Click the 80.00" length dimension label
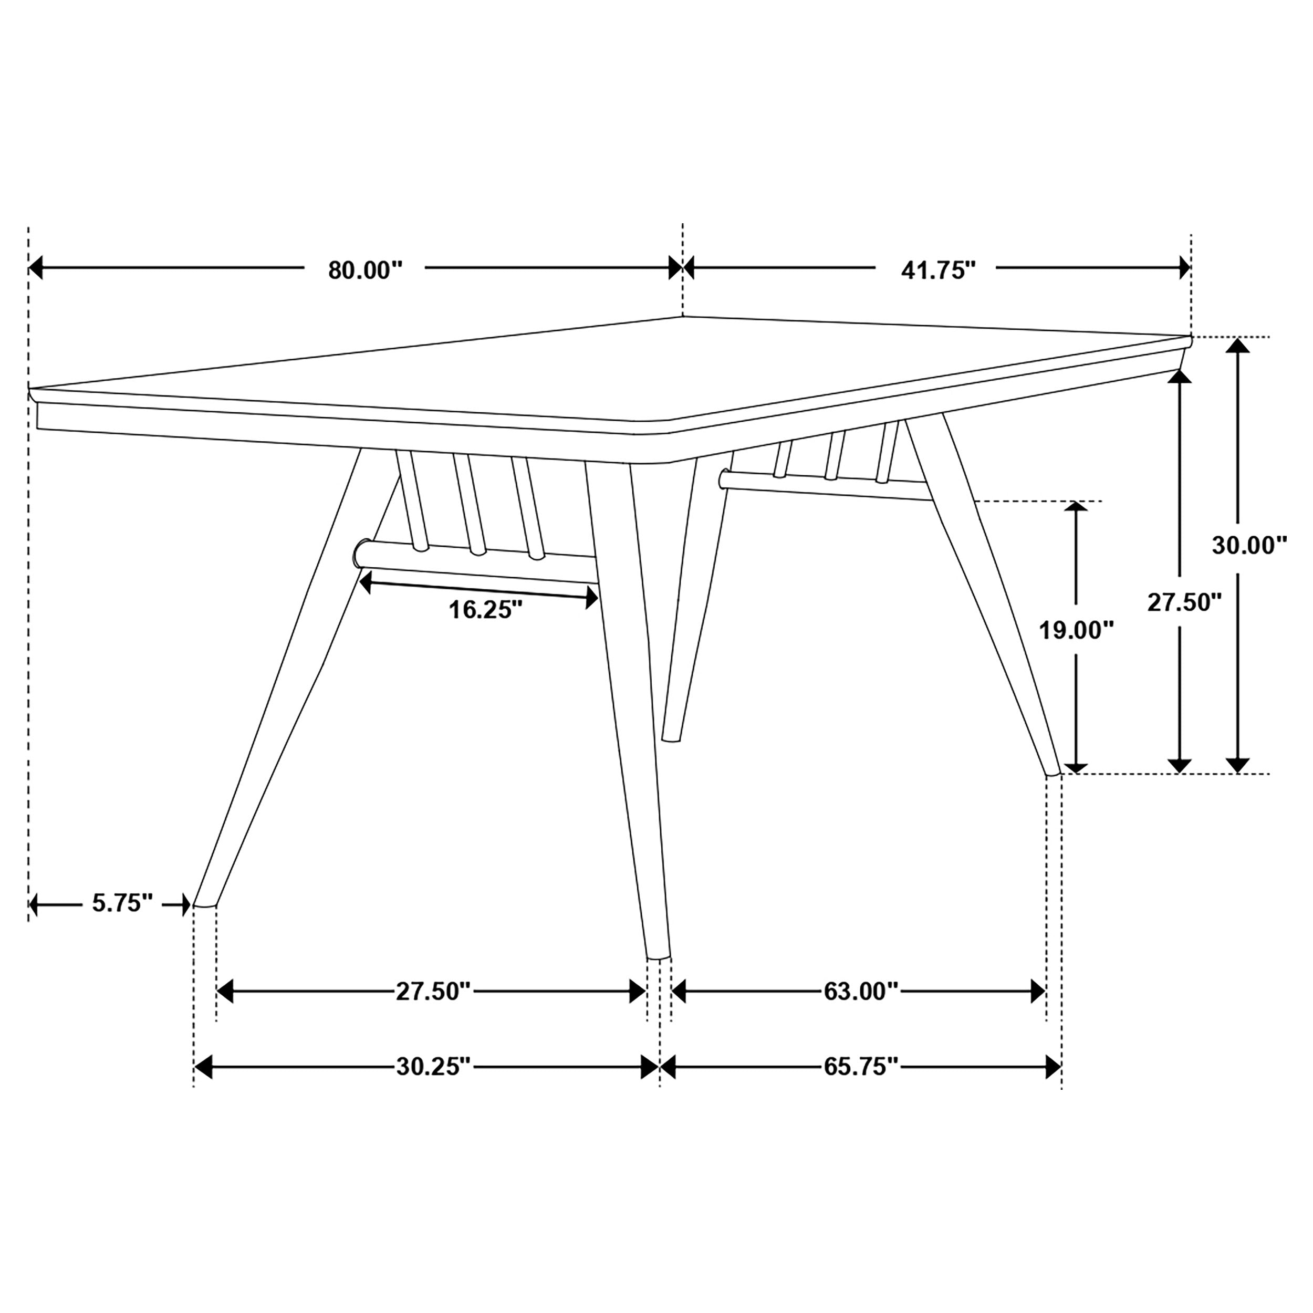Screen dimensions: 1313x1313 tap(365, 270)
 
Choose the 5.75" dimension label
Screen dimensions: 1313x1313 tap(122, 903)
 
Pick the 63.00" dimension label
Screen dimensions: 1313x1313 tap(861, 992)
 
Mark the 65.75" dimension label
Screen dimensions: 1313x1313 tap(861, 1066)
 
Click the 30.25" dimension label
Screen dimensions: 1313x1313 tap(433, 1066)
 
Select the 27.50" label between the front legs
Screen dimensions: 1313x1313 tap(433, 992)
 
